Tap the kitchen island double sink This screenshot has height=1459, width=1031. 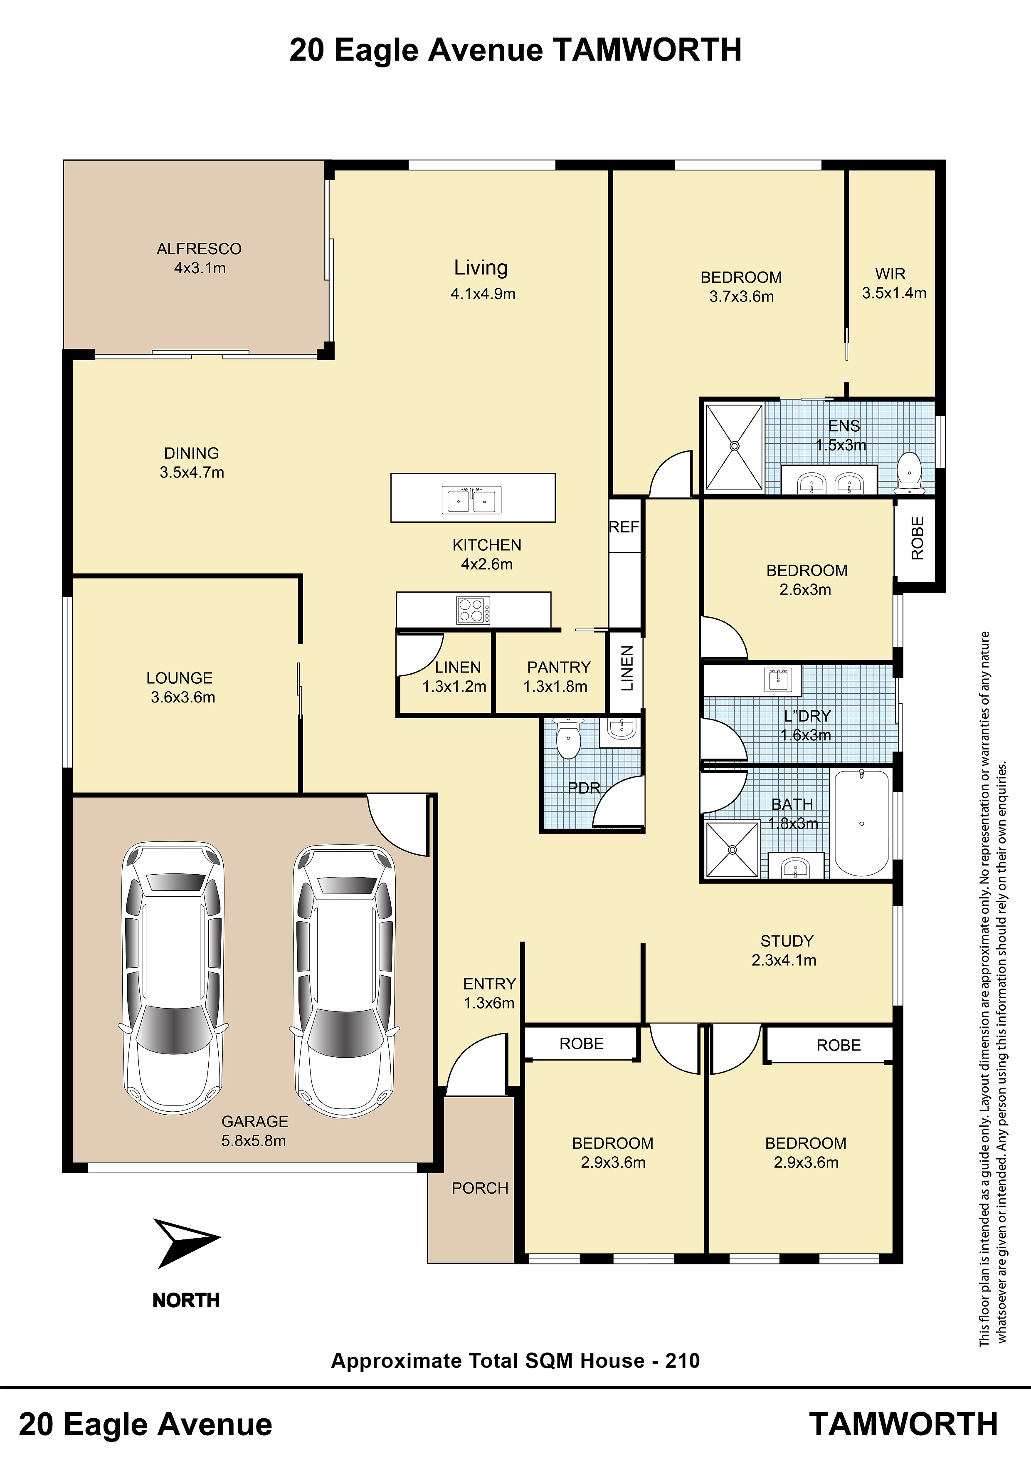(471, 500)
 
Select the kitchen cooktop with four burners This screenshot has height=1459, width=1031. (473, 610)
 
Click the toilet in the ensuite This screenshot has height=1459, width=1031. (909, 473)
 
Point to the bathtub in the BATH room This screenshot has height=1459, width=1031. (861, 823)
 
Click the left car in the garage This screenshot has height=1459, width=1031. (173, 979)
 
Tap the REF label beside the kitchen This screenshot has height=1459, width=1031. (624, 527)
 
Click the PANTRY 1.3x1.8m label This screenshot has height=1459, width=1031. (557, 676)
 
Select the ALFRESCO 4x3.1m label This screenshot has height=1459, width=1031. (200, 258)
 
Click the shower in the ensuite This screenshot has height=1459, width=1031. (734, 446)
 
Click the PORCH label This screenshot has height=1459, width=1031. (480, 1188)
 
